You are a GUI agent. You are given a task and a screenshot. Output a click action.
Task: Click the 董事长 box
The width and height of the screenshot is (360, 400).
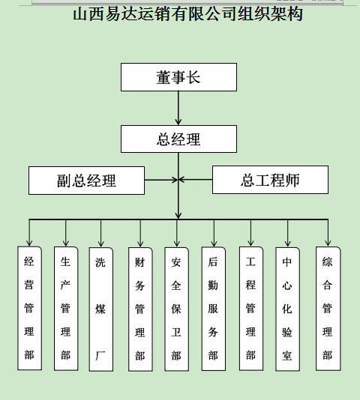pyautogui.click(x=178, y=77)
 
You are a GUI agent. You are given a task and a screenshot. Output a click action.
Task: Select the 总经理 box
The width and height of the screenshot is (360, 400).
pyautogui.click(x=178, y=139)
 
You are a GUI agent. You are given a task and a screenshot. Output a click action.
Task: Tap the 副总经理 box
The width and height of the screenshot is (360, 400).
pyautogui.click(x=86, y=181)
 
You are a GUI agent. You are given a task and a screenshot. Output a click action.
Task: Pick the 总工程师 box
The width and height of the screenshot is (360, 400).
pyautogui.click(x=270, y=180)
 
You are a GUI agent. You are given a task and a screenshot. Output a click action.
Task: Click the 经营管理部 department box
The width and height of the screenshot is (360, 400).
pyautogui.click(x=30, y=308)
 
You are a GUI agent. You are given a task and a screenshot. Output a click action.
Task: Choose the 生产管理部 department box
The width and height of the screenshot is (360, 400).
pyautogui.click(x=66, y=309)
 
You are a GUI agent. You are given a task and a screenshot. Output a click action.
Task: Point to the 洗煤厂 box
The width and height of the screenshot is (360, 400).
pyautogui.click(x=101, y=309)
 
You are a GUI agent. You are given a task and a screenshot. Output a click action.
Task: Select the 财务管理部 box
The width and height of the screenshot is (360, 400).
pyautogui.click(x=140, y=309)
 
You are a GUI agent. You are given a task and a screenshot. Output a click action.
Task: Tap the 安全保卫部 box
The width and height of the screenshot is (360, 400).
pyautogui.click(x=176, y=309)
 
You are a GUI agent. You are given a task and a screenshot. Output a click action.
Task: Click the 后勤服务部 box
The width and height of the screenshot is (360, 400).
pyautogui.click(x=214, y=309)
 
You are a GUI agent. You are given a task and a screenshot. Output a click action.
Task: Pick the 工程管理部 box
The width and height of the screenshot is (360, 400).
pyautogui.click(x=251, y=309)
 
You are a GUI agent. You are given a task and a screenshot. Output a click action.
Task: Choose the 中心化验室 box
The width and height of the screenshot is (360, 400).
pyautogui.click(x=287, y=309)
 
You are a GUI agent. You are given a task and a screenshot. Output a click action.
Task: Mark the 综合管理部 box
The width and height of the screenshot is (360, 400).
pyautogui.click(x=328, y=309)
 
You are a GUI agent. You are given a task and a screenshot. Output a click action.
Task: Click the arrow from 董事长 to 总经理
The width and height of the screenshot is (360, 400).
pyautogui.click(x=178, y=108)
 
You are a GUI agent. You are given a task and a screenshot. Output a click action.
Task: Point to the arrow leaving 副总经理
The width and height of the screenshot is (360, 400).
pyautogui.click(x=161, y=180)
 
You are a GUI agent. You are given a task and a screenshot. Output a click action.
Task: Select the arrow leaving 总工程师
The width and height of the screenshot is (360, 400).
pyautogui.click(x=196, y=180)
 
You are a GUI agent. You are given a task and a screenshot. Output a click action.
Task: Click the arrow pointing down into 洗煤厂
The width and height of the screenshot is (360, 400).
pyautogui.click(x=101, y=233)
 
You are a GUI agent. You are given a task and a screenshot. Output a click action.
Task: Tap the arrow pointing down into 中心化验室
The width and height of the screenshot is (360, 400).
pyautogui.click(x=288, y=233)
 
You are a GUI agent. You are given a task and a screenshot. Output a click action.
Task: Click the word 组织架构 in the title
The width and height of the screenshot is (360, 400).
pyautogui.click(x=270, y=14)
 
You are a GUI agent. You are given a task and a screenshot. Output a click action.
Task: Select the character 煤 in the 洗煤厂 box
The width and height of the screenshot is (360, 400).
pyautogui.click(x=100, y=309)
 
